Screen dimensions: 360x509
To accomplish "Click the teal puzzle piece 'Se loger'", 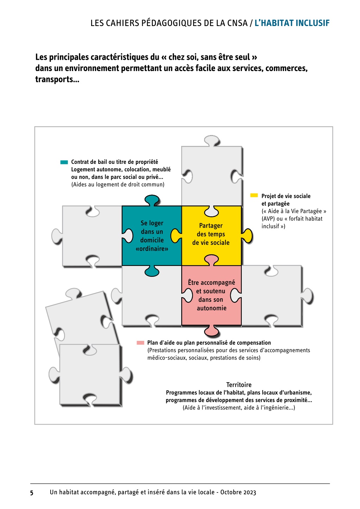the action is point(152,236).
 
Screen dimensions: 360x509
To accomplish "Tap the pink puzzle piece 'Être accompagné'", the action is point(211,295).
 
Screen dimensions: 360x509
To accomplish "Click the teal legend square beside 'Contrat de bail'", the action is point(64,162).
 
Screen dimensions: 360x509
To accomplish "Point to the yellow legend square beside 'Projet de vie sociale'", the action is point(254,195).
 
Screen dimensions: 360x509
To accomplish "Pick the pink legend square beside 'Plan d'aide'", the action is point(140,343).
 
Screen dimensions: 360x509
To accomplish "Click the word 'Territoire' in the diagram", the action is point(239,385).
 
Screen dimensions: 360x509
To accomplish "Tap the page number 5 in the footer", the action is point(32,492).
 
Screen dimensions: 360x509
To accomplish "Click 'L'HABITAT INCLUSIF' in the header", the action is point(292,23).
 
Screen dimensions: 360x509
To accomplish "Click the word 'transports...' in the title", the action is point(57,79).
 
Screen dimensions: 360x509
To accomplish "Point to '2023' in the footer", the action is point(249,492).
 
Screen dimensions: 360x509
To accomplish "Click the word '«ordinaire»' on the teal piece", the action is point(152,249).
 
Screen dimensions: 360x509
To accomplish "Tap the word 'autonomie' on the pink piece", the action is point(211,308).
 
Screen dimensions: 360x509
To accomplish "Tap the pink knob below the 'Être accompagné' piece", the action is point(211,331).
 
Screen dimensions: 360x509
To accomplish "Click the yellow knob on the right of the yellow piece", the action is point(247,236).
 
